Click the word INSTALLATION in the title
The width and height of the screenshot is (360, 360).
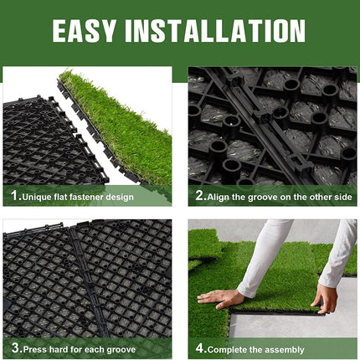(x=215, y=31)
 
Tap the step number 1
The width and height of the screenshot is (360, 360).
(x=15, y=195)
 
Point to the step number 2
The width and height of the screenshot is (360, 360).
(x=200, y=195)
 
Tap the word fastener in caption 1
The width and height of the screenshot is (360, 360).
(x=86, y=197)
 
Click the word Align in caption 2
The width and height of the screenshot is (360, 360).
(x=219, y=198)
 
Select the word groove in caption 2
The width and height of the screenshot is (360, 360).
(x=261, y=198)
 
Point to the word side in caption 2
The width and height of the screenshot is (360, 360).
(x=342, y=197)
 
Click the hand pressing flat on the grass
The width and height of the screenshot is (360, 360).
(x=220, y=299)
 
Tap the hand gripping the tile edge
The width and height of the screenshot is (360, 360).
(x=325, y=298)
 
